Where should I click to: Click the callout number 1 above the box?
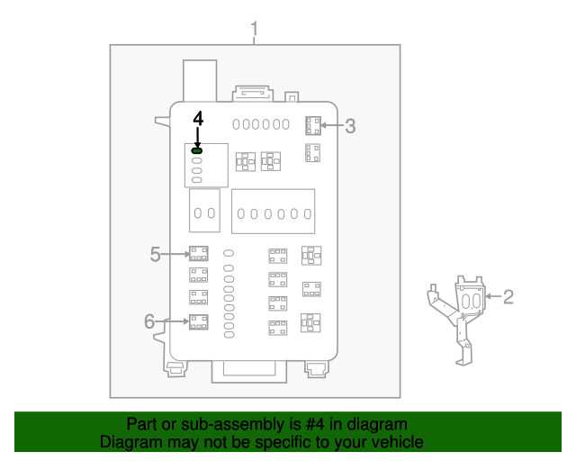[254, 29]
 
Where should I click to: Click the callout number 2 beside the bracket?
[508, 296]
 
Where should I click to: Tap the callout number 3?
[350, 126]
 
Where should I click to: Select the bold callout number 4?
[198, 119]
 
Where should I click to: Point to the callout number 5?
[155, 254]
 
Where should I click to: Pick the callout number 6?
[149, 321]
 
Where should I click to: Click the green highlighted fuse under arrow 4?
[197, 150]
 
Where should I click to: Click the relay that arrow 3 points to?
[313, 126]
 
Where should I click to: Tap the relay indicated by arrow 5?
[198, 254]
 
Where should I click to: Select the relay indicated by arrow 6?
[198, 322]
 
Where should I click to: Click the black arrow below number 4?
[198, 138]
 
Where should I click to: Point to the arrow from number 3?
[332, 125]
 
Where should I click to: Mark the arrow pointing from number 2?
[493, 296]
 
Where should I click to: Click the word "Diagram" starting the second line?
[131, 442]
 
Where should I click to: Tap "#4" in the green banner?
[315, 424]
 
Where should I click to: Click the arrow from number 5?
[175, 254]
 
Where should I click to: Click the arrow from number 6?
[172, 321]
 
